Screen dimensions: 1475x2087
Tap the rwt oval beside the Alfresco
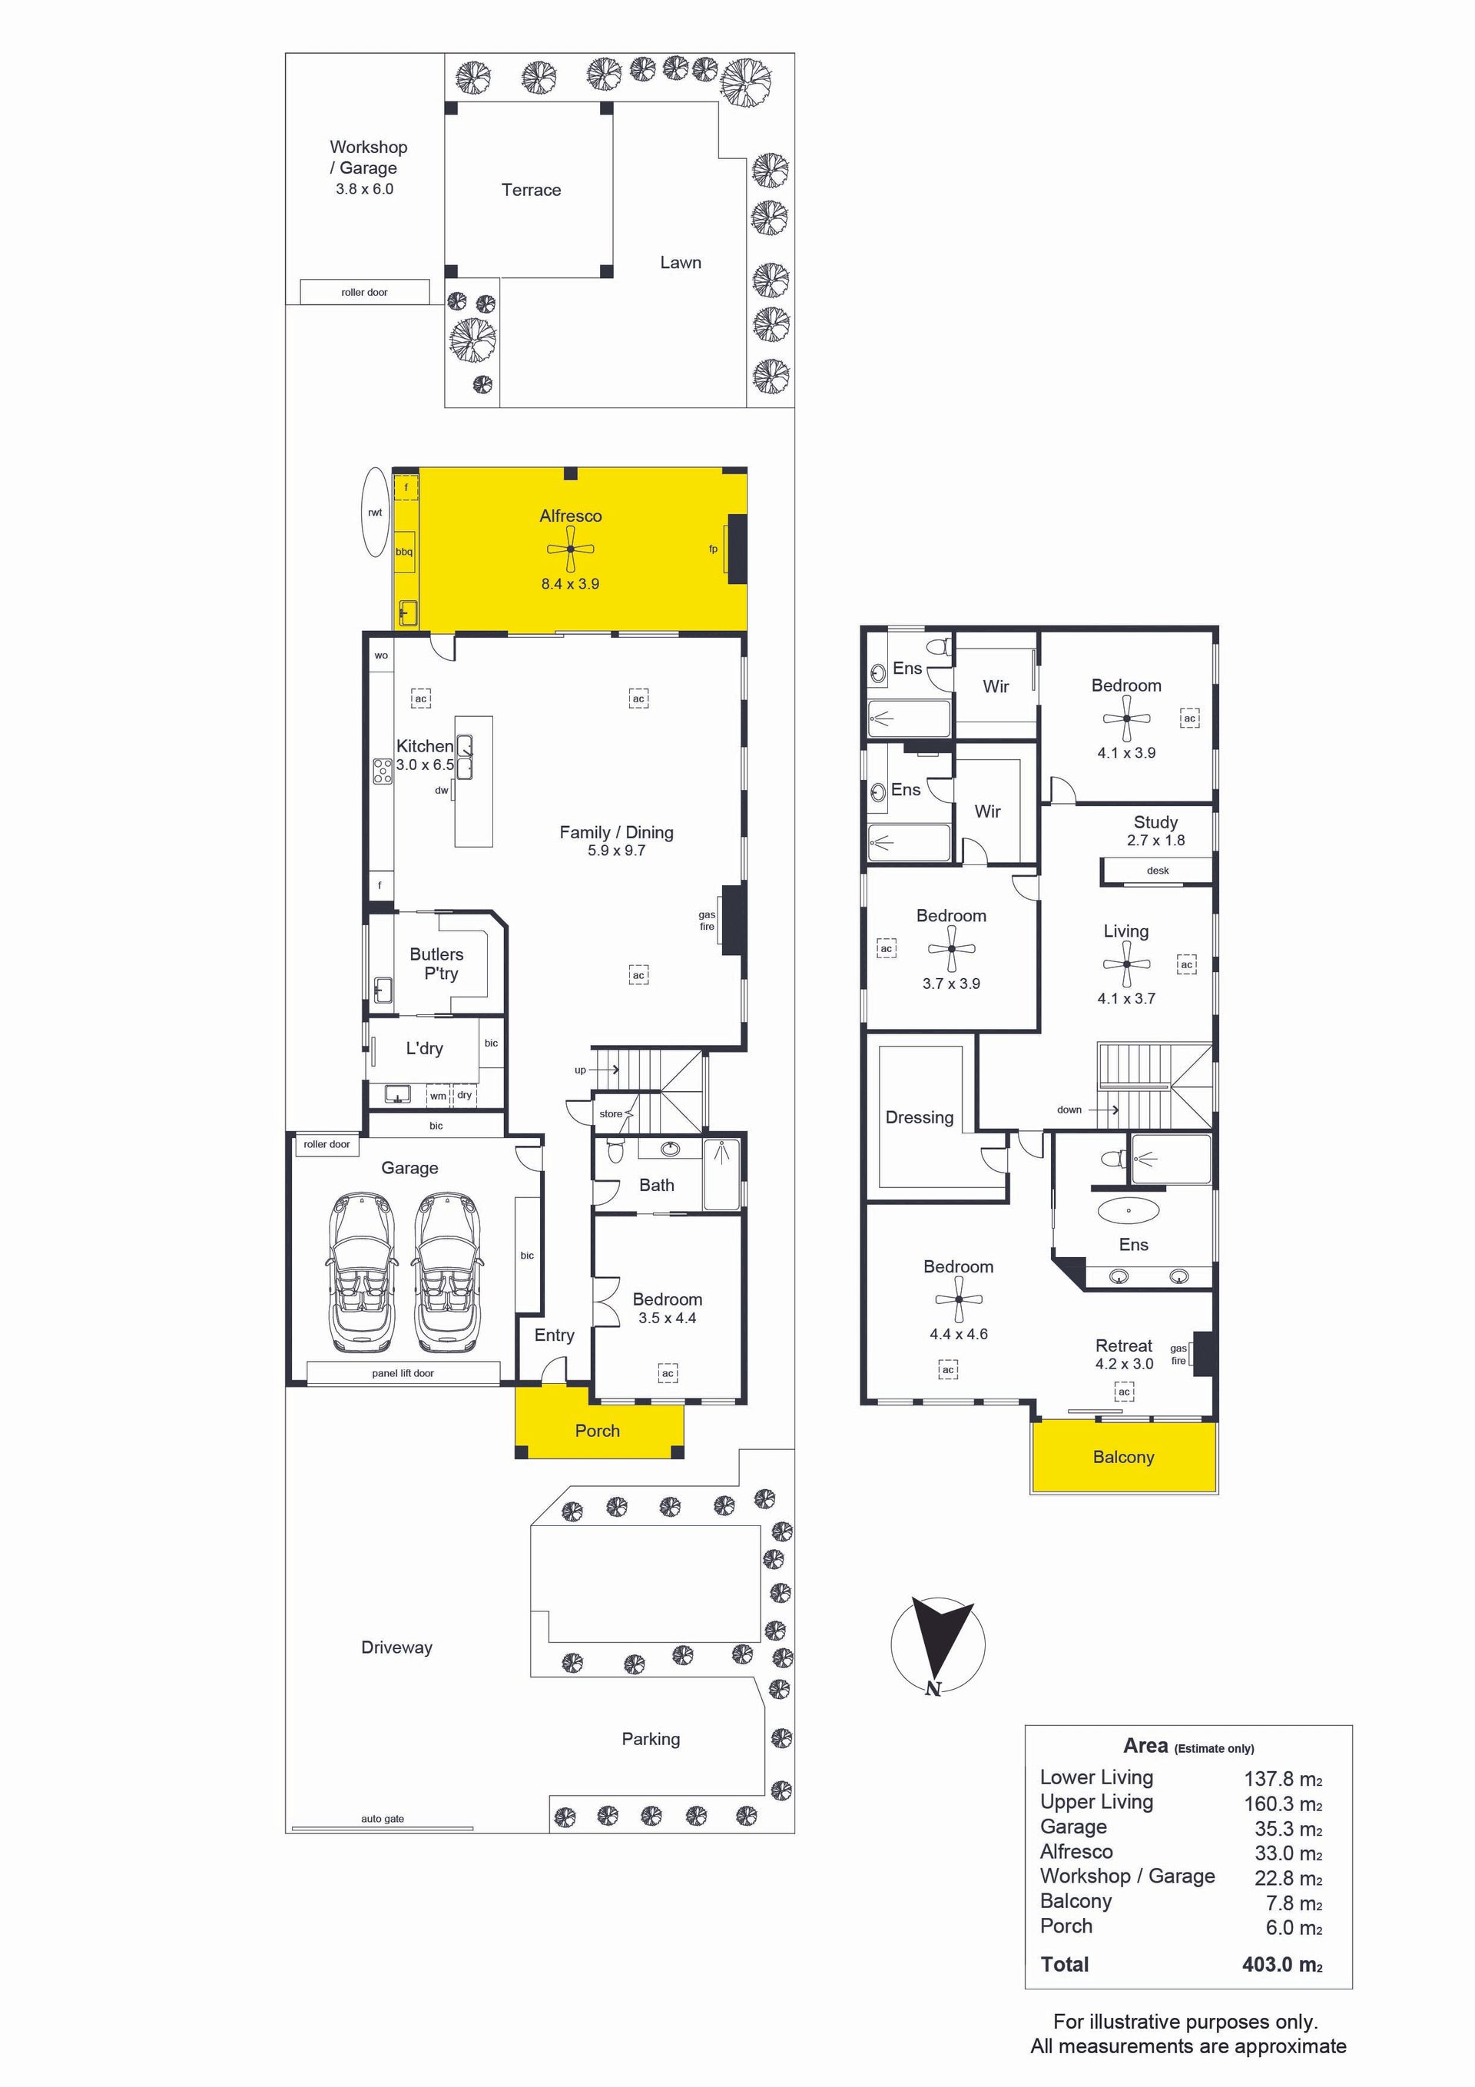[x=376, y=512]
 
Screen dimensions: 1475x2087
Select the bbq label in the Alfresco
[x=403, y=552]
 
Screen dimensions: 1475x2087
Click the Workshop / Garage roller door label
[x=364, y=293]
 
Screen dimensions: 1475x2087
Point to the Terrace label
[x=531, y=190]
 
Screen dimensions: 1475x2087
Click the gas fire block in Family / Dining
[x=734, y=919]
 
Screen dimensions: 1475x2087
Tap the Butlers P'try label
[x=437, y=964]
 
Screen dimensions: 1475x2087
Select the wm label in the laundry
[x=438, y=1097]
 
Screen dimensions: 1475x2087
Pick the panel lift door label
[x=403, y=1372]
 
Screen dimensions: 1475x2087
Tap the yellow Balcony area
[x=1124, y=1456]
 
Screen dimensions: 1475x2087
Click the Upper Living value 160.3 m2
[x=1283, y=1803]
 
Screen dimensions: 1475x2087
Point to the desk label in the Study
[x=1158, y=870]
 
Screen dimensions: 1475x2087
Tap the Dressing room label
[x=920, y=1117]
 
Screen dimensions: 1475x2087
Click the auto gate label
[x=383, y=1819]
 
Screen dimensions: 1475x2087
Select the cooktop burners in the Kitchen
[x=383, y=771]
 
